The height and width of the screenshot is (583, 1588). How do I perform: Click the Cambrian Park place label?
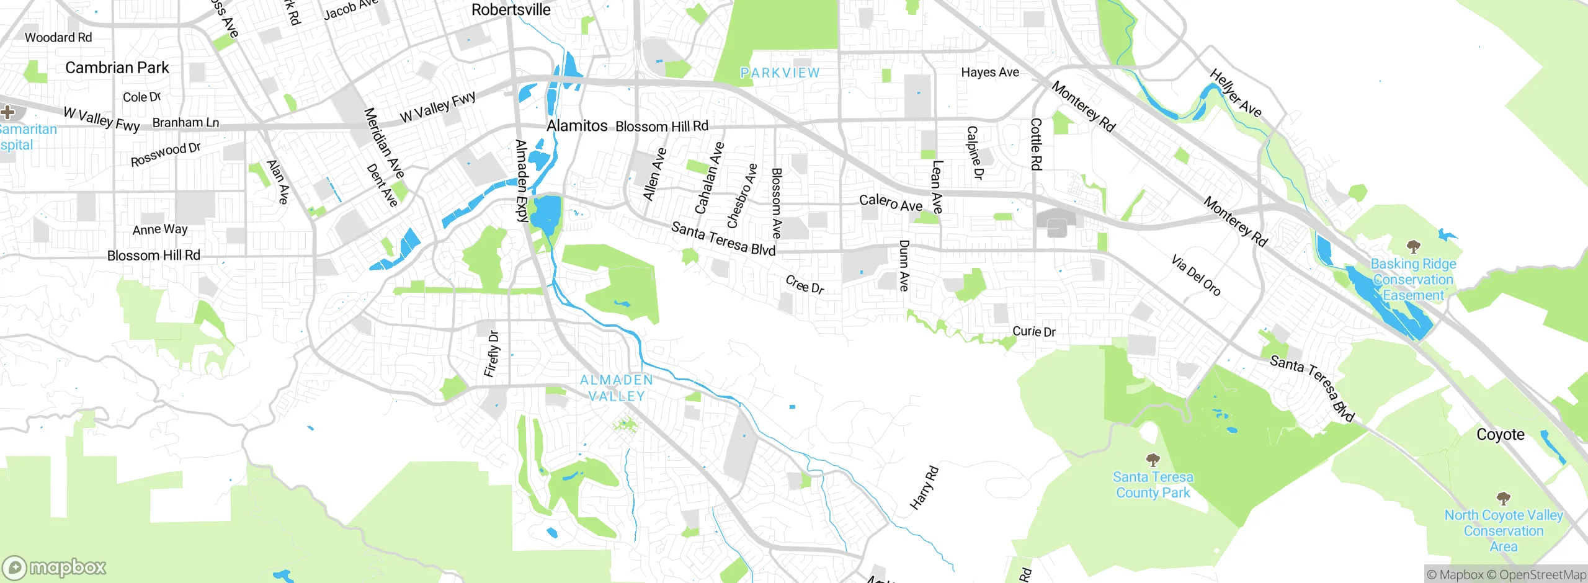click(x=117, y=68)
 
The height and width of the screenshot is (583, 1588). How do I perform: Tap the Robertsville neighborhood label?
click(x=511, y=10)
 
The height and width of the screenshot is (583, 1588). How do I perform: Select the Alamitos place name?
click(x=577, y=126)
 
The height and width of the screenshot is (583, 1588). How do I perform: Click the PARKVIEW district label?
click(x=780, y=73)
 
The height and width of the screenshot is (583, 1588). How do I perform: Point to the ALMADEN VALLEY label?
click(x=616, y=388)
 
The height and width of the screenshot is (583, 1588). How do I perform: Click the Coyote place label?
click(x=1500, y=435)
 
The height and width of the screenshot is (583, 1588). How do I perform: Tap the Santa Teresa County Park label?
click(x=1153, y=485)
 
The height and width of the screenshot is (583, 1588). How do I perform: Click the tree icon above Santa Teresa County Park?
click(x=1153, y=460)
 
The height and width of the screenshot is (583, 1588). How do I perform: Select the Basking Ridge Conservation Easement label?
click(x=1413, y=280)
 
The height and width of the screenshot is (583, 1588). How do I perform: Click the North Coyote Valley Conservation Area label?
click(x=1504, y=531)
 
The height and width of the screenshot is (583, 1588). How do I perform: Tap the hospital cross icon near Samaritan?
click(x=7, y=112)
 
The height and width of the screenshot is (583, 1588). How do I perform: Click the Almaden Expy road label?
click(x=522, y=180)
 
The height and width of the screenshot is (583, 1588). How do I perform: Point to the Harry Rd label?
click(x=924, y=488)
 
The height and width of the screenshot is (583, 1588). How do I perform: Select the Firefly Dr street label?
click(x=491, y=354)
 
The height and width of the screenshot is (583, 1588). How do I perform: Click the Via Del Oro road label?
click(x=1195, y=275)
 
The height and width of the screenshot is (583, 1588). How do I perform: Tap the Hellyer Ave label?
click(x=1235, y=94)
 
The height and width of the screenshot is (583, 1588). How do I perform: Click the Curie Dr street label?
click(x=1033, y=332)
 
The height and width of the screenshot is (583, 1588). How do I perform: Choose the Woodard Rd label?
click(x=58, y=38)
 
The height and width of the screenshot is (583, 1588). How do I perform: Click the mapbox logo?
click(x=55, y=567)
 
